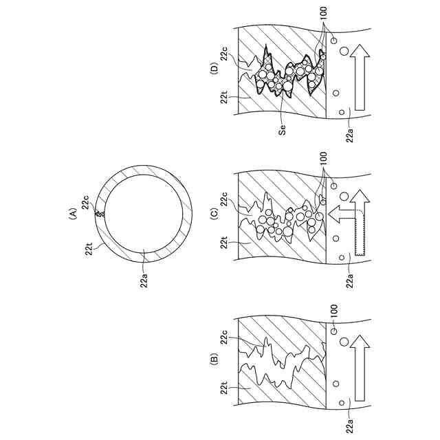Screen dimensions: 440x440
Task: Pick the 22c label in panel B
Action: pos(225,338)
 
